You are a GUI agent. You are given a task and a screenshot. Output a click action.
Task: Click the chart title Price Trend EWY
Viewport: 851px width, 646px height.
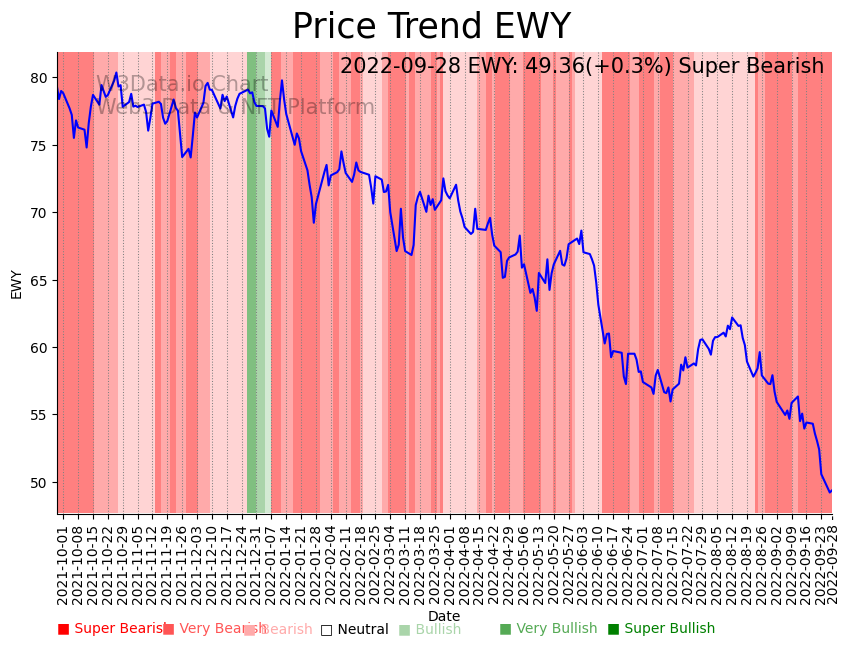[431, 27]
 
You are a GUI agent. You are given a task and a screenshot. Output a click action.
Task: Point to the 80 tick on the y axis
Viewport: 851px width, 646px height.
[39, 78]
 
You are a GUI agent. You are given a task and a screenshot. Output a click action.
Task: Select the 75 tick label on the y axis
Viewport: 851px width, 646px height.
[39, 145]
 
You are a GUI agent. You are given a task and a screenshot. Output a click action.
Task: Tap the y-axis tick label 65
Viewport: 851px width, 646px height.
[39, 280]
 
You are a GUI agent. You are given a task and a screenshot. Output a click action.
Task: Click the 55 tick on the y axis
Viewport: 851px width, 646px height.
[39, 415]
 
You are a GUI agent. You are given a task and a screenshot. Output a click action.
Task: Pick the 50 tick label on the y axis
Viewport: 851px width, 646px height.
[39, 482]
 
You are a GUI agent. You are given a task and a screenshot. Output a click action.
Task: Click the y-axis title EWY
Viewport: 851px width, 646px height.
[16, 283]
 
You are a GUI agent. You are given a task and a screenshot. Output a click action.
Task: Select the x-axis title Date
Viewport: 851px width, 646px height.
[444, 617]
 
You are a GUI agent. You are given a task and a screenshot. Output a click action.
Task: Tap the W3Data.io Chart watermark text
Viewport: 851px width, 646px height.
[182, 85]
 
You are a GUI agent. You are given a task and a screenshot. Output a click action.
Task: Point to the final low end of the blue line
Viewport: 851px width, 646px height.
[829, 491]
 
